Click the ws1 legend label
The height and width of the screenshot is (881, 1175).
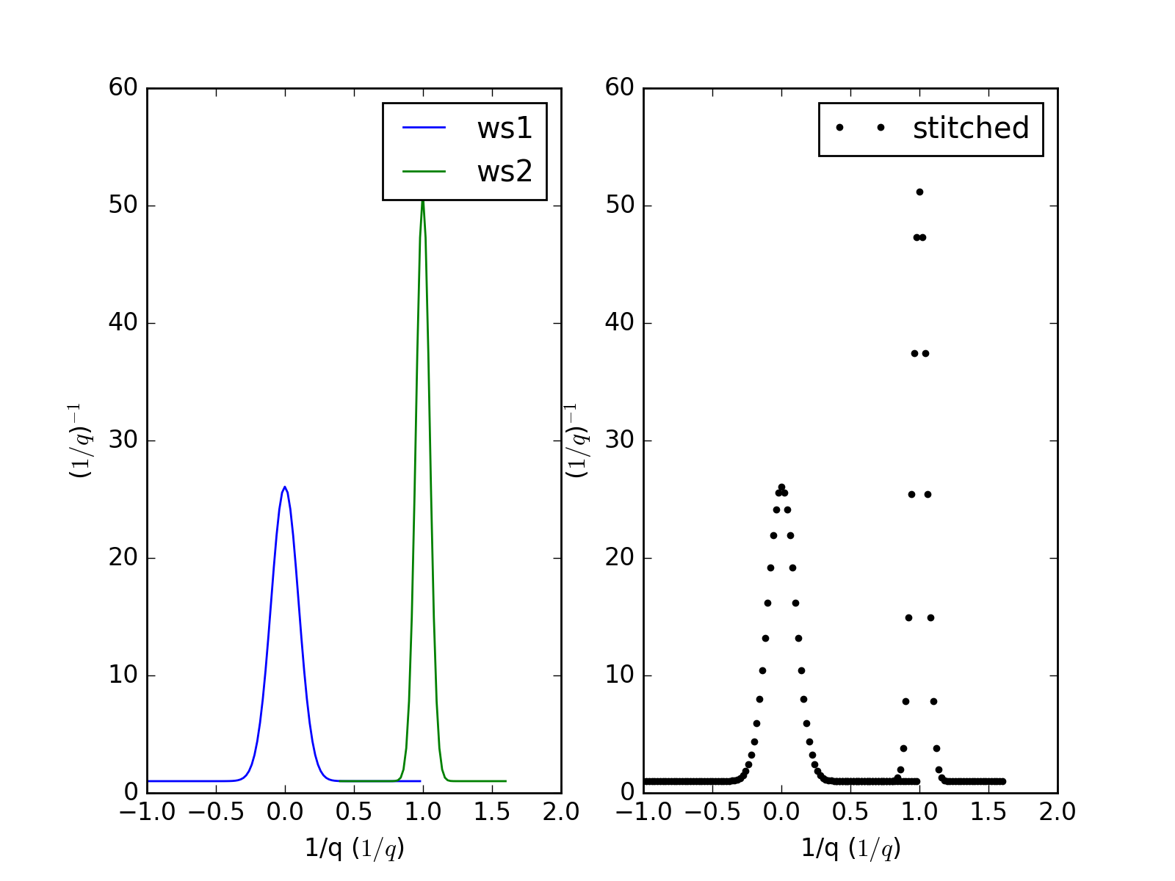click(x=505, y=128)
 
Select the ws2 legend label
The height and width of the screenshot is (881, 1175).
click(x=505, y=172)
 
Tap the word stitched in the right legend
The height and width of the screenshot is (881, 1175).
click(x=971, y=128)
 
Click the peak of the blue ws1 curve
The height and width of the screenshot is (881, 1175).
click(x=284, y=487)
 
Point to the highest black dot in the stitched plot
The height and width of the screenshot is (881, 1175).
click(x=919, y=192)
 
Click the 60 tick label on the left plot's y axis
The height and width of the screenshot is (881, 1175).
click(x=123, y=87)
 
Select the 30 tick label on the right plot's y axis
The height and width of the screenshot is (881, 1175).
click(x=619, y=440)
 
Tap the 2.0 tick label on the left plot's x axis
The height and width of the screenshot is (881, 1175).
click(x=561, y=812)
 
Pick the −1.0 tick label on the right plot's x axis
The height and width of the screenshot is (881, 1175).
click(x=643, y=812)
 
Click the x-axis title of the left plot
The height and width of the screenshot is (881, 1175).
click(x=355, y=849)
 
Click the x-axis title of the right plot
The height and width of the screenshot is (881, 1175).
click(x=851, y=849)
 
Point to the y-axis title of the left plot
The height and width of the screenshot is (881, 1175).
click(x=80, y=440)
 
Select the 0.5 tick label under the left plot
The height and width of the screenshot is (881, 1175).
click(x=354, y=812)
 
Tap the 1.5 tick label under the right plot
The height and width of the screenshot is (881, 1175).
click(x=988, y=812)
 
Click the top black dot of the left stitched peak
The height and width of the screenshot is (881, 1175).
click(x=781, y=487)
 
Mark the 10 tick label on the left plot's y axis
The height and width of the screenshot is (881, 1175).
click(x=123, y=675)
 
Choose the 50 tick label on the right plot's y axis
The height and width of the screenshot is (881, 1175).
click(x=619, y=206)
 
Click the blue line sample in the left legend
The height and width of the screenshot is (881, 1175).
click(x=424, y=128)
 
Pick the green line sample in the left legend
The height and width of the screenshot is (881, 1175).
click(x=424, y=171)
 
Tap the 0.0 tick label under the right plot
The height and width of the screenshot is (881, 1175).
click(x=781, y=812)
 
